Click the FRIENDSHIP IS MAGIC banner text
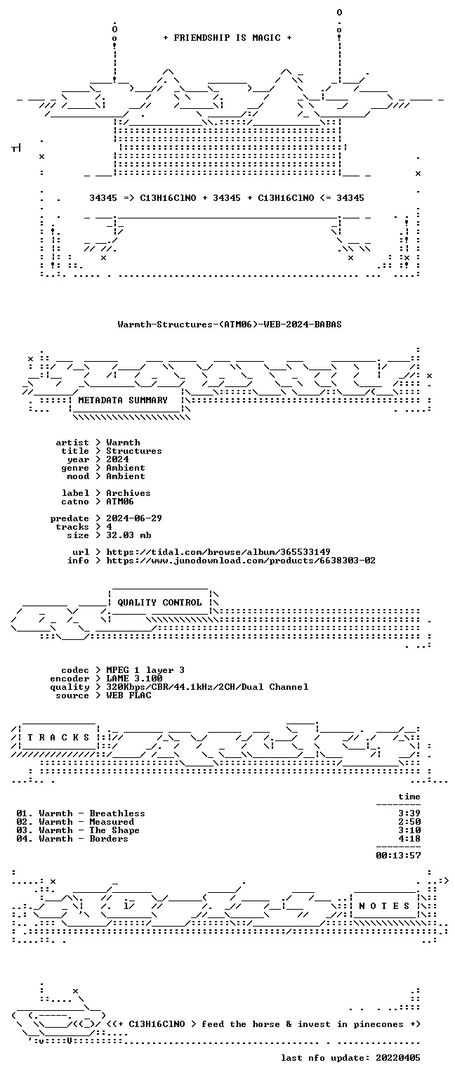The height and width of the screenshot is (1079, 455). (x=227, y=37)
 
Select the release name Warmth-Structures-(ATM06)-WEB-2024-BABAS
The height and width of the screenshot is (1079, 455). (x=230, y=324)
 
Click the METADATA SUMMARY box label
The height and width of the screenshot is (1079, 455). (x=123, y=400)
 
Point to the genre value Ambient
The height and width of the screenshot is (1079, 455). (x=126, y=468)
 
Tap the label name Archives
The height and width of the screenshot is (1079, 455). (x=128, y=492)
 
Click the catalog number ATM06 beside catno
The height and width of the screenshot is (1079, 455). (x=120, y=502)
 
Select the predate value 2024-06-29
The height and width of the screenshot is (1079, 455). (x=134, y=518)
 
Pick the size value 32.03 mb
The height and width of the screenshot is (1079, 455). (x=128, y=535)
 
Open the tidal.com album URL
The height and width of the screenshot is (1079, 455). (x=218, y=552)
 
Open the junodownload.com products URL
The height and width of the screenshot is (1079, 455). (x=241, y=560)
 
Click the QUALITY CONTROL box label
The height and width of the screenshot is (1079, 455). (x=159, y=602)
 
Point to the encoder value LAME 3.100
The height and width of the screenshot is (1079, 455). (x=134, y=678)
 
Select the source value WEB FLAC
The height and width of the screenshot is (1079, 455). (x=128, y=695)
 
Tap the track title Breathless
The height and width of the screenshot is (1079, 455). (x=117, y=813)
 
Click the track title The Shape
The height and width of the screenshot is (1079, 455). (x=114, y=830)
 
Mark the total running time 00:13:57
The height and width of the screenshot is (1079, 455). (x=398, y=856)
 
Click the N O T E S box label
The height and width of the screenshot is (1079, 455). (x=384, y=906)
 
